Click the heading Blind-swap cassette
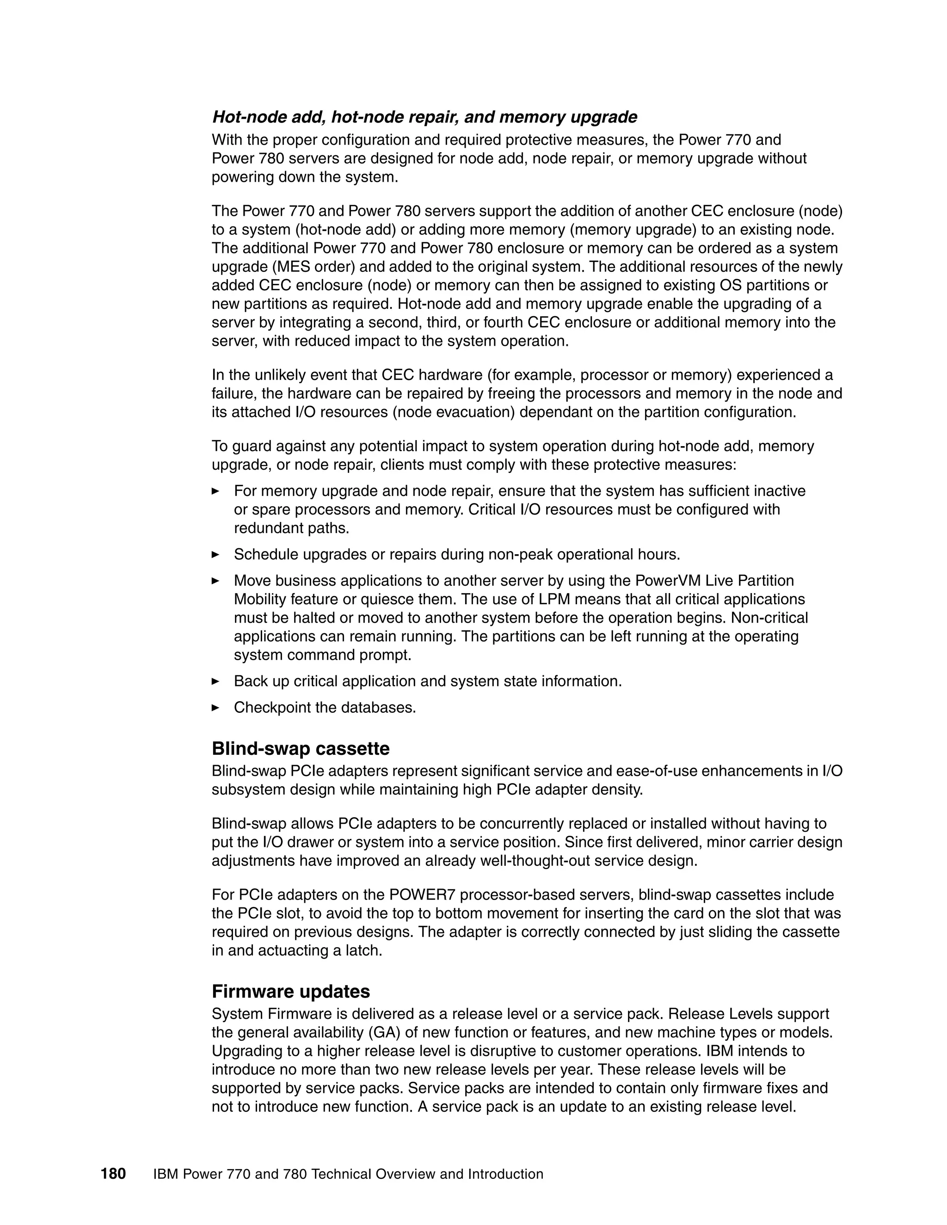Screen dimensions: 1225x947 pos(300,748)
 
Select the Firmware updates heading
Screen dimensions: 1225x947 pos(290,991)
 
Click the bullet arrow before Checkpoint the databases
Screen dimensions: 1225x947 pos(215,707)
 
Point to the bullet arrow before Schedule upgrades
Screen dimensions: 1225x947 pos(215,554)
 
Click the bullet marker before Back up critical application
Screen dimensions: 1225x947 pos(215,681)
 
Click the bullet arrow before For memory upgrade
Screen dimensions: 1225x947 pos(215,491)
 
